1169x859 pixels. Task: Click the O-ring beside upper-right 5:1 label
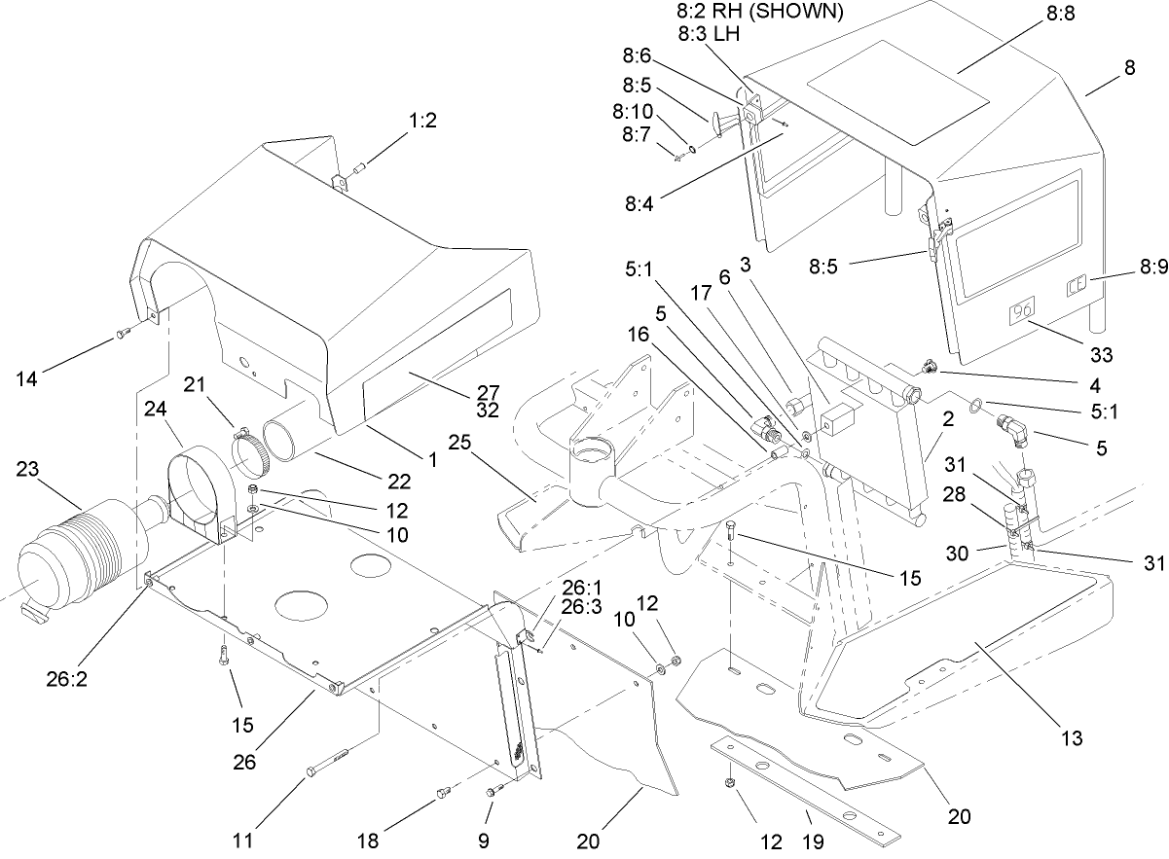pyautogui.click(x=972, y=404)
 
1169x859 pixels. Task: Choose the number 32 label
pyautogui.click(x=489, y=410)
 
